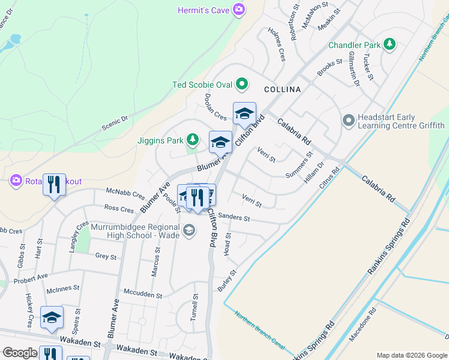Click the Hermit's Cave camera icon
(239, 10)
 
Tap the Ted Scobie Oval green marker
(242, 85)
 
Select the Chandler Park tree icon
(390, 44)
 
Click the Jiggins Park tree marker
(192, 140)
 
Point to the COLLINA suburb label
(282, 89)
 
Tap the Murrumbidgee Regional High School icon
(188, 231)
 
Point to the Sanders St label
(234, 217)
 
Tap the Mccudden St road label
(143, 295)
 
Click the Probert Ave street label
(31, 278)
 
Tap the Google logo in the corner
(20, 353)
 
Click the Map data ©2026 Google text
(412, 355)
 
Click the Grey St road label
(105, 257)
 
